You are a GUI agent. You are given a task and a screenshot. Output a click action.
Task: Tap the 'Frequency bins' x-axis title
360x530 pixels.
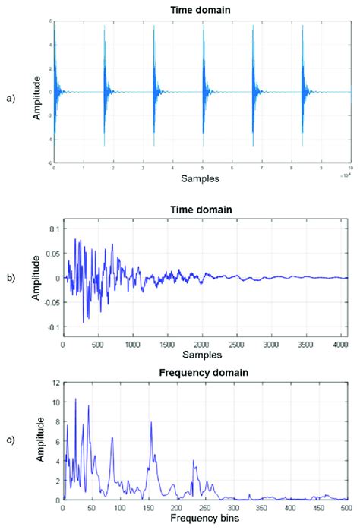click(x=202, y=519)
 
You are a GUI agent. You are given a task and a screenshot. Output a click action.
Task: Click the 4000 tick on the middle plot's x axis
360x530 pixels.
click(x=339, y=343)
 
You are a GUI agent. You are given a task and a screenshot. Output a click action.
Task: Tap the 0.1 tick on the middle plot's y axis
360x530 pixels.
click(x=53, y=228)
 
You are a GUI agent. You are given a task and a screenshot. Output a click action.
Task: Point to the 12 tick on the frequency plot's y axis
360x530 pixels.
click(x=55, y=384)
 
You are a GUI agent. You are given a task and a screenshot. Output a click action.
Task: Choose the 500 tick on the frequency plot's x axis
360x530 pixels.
click(x=346, y=508)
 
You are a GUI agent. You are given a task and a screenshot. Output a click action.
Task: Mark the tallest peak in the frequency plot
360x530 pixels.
click(x=75, y=399)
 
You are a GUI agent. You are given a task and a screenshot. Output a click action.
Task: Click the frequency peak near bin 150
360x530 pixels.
click(x=150, y=423)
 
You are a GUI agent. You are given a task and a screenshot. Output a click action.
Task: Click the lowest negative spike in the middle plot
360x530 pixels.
click(x=84, y=323)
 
